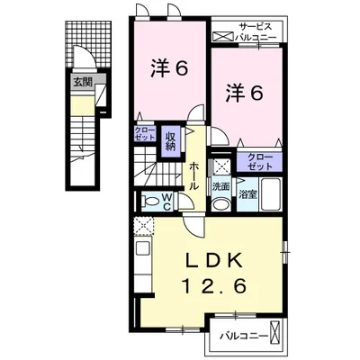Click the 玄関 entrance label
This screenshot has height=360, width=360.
[83, 81]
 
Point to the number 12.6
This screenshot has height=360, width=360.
[214, 285]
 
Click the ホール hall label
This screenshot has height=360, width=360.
[194, 175]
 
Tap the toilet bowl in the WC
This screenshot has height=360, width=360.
[151, 201]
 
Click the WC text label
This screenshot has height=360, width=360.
[166, 202]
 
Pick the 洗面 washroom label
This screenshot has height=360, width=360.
[220, 187]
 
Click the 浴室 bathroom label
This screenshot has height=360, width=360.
[247, 194]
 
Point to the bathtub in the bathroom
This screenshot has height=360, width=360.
[271, 194]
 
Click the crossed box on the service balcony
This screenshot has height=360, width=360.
[222, 37]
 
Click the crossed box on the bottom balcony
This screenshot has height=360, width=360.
[275, 332]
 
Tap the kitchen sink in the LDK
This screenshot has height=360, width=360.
[142, 248]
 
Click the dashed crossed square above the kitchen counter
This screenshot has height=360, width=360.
[143, 226]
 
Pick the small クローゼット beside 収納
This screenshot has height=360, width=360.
[145, 133]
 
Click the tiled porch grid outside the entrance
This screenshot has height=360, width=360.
[88, 44]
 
